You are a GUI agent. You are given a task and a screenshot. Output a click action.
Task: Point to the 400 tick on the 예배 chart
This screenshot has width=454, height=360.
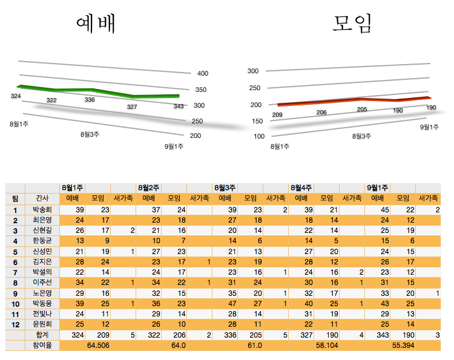(203, 74)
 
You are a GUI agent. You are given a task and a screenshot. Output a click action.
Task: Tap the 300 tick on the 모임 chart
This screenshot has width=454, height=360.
(253, 71)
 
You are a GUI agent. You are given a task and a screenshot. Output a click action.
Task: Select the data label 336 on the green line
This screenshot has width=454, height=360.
(90, 100)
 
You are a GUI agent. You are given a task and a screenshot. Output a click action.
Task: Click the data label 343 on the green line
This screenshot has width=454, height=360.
(179, 106)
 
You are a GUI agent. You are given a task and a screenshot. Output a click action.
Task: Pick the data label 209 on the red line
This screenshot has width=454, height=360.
(278, 115)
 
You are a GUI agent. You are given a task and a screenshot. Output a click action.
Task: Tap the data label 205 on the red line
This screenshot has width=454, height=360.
(362, 110)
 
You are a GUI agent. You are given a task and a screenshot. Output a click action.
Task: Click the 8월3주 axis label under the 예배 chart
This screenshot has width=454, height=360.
(90, 134)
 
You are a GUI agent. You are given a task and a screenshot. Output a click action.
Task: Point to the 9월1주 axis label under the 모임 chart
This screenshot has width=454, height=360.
(429, 127)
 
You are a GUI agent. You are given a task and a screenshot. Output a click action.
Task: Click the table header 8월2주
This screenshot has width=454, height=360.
(148, 188)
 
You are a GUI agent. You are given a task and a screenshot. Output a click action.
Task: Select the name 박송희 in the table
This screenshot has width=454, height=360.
(42, 209)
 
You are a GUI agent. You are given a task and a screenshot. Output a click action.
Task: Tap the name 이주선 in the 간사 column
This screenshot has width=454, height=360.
(42, 283)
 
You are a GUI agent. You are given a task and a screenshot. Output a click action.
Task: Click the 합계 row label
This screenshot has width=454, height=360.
(42, 335)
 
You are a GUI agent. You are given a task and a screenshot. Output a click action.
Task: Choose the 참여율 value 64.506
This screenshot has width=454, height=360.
(97, 345)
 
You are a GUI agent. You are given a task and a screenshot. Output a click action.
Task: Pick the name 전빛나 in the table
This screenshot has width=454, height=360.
(42, 314)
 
